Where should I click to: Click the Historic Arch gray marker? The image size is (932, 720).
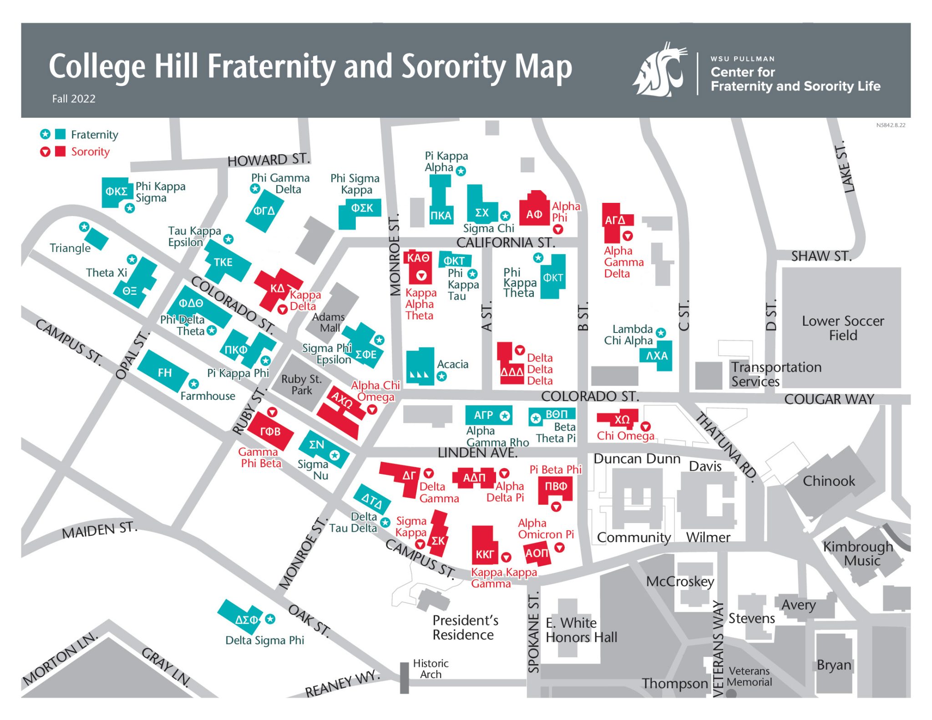tap(404, 677)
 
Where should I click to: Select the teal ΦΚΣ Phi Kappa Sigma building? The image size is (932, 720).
tap(116, 192)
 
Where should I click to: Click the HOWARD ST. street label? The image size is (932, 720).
tap(268, 160)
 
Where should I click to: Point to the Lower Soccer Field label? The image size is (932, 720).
tap(842, 327)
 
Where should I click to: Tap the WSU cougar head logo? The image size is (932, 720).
tap(660, 71)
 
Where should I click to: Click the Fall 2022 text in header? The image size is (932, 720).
tap(74, 99)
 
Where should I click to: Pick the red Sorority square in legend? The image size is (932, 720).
tap(60, 151)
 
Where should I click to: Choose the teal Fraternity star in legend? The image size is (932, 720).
tap(45, 134)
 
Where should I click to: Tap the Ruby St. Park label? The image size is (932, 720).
tap(301, 384)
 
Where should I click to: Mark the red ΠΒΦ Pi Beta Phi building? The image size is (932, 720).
tap(555, 488)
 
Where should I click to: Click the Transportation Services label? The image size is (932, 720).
tap(776, 374)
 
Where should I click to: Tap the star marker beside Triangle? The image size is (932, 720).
tap(84, 227)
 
